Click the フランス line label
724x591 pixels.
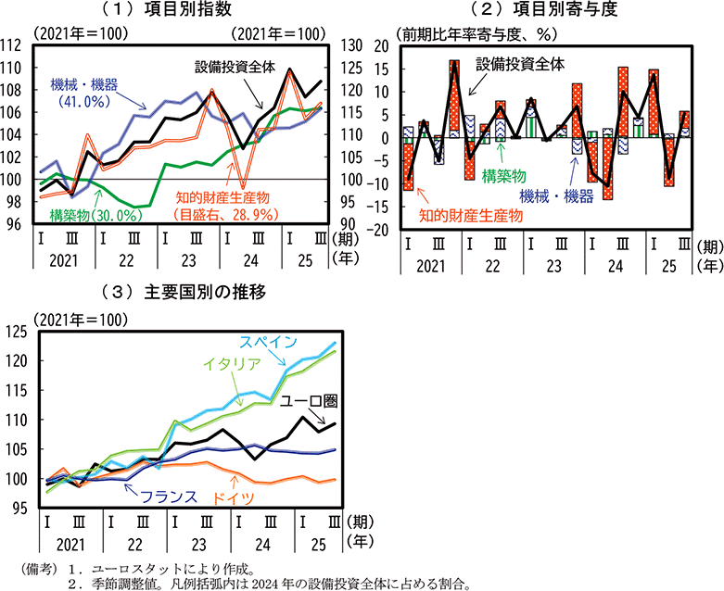point(167,497)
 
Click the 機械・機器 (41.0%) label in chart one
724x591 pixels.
point(83,93)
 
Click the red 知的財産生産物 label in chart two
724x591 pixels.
point(469,216)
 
